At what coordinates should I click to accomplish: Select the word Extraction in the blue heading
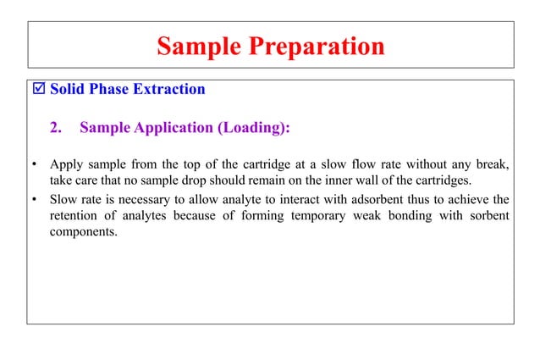(x=168, y=89)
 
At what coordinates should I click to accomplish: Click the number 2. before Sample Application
(x=56, y=129)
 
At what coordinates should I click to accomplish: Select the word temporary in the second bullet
(x=317, y=216)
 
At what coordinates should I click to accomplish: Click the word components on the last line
(x=84, y=232)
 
